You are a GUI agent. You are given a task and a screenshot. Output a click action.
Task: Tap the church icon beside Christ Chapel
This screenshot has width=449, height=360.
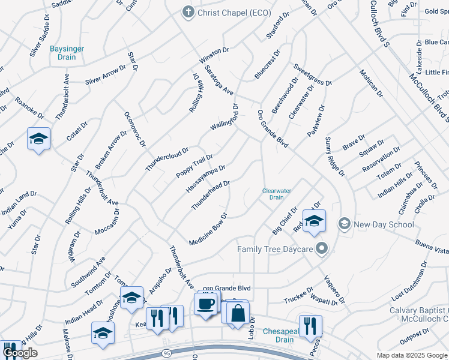click(188, 12)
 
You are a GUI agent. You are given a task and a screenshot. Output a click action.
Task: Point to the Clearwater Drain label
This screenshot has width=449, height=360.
click(276, 194)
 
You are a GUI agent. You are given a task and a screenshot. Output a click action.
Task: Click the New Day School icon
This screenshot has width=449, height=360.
click(344, 224)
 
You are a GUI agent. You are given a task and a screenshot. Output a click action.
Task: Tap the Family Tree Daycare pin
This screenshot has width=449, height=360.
click(323, 248)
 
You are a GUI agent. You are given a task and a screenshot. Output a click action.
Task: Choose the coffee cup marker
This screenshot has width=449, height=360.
click(206, 304)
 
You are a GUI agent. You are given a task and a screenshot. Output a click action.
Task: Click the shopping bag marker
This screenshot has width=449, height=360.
click(238, 312)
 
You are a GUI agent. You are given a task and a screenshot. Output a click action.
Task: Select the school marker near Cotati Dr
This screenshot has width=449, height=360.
click(39, 139)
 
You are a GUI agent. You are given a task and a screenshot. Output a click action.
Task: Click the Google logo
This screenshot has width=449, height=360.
click(20, 353)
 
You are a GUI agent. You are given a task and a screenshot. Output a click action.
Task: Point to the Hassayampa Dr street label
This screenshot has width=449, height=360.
click(205, 179)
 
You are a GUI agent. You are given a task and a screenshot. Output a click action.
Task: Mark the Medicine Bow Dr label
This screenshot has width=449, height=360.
click(208, 229)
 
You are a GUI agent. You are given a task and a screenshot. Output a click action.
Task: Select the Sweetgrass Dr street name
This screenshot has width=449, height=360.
click(312, 75)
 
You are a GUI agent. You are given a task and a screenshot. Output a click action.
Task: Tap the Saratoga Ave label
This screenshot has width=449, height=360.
click(219, 80)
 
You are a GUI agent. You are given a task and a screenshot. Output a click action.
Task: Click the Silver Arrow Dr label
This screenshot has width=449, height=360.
click(106, 74)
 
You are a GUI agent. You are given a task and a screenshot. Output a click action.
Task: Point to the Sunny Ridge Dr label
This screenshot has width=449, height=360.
click(335, 157)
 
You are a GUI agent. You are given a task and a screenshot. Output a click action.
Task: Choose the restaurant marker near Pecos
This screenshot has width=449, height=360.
click(310, 326)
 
